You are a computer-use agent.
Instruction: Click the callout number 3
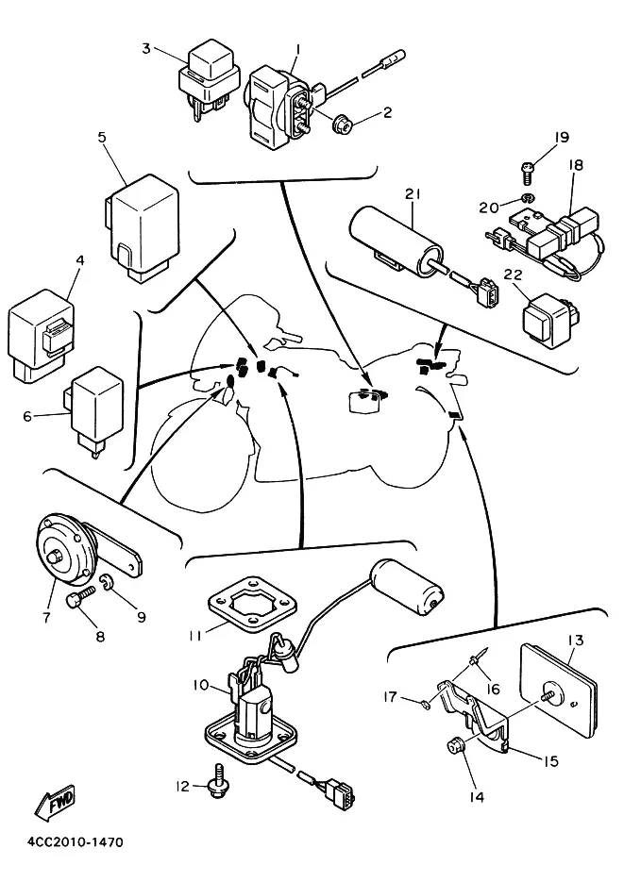point(146,48)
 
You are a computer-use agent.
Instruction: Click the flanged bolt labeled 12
point(214,784)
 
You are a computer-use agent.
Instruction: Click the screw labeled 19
point(527,172)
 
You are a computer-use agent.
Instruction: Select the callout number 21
point(412,193)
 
